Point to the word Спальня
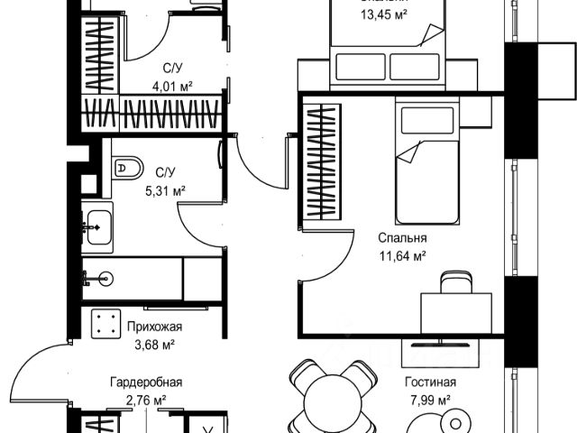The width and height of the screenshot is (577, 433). click(x=402, y=238)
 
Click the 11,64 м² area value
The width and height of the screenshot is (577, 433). click(x=402, y=255)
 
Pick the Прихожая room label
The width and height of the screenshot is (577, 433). click(x=154, y=327)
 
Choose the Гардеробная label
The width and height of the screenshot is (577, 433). click(x=146, y=382)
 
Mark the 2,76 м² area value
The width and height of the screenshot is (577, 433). click(x=146, y=399)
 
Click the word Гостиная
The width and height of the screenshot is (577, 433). click(x=429, y=382)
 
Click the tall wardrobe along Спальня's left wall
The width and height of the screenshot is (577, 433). click(x=321, y=163)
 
